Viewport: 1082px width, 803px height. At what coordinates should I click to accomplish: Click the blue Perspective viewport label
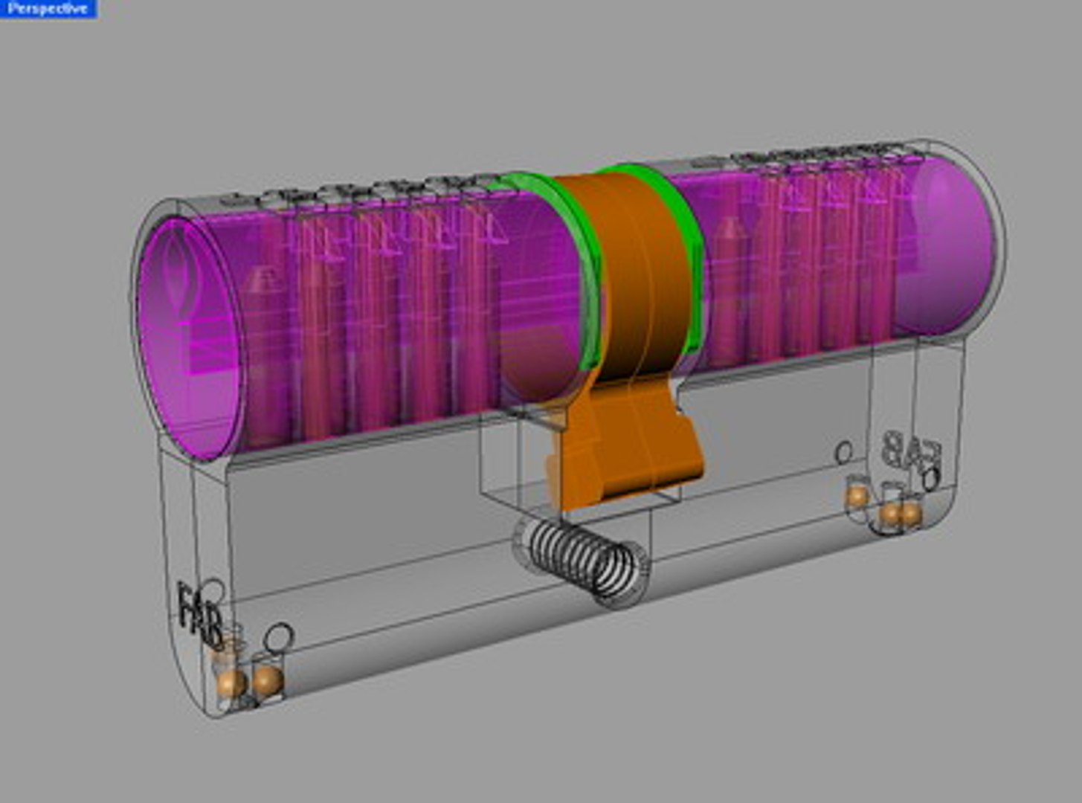[48, 9]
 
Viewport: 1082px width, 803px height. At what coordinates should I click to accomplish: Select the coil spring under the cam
[581, 558]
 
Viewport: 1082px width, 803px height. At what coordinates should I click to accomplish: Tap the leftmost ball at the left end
[231, 681]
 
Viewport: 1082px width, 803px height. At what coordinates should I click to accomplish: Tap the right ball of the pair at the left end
[267, 678]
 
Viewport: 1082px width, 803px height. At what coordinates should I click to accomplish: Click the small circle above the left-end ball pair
[280, 636]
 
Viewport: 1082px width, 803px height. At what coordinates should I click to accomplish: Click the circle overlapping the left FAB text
[213, 591]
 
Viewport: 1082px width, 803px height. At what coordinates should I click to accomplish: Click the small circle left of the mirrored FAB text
[844, 451]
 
